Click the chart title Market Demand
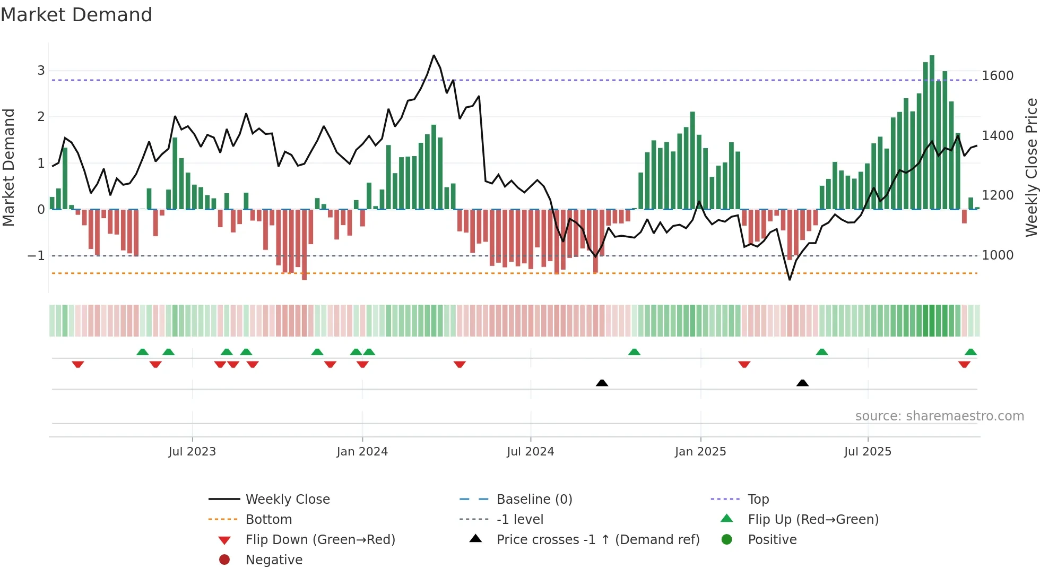(x=76, y=15)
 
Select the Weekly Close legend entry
(x=287, y=499)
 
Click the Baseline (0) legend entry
(x=534, y=499)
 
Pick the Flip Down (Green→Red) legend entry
(x=320, y=539)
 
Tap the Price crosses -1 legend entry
(x=597, y=539)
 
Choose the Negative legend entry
(x=274, y=560)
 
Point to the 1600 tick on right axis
(x=998, y=75)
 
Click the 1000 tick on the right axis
(x=998, y=255)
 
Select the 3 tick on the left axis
(x=41, y=70)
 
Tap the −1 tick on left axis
(x=36, y=255)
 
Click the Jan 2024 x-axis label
(x=362, y=451)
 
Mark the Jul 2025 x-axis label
(x=868, y=451)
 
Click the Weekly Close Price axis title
(x=1031, y=167)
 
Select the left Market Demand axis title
(x=8, y=167)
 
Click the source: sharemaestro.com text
(x=939, y=416)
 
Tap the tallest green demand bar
(x=932, y=133)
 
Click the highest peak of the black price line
(x=434, y=55)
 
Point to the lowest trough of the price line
(x=790, y=279)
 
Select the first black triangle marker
(x=602, y=383)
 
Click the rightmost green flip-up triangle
(x=970, y=352)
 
